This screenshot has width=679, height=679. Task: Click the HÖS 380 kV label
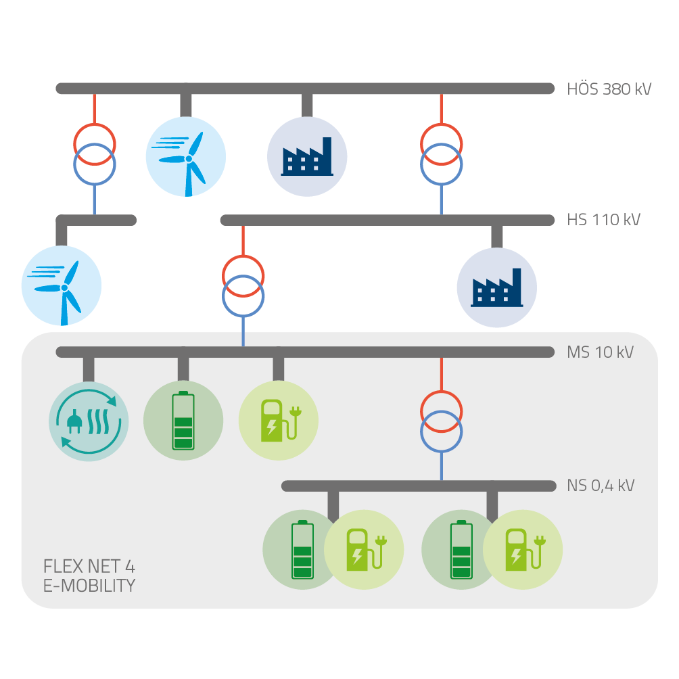point(609,89)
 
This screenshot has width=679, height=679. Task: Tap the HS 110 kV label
point(603,220)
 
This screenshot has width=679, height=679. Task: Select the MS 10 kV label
point(600,352)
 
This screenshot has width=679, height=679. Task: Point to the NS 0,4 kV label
point(601,486)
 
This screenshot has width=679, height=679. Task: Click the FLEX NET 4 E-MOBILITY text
point(89,576)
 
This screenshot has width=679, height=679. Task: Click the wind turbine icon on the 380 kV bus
point(186,157)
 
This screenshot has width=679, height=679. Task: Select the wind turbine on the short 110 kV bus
point(62,286)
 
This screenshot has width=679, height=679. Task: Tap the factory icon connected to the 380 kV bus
point(308,157)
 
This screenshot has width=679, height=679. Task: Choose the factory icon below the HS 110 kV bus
point(497,287)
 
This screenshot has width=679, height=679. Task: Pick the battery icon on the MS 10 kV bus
point(183,421)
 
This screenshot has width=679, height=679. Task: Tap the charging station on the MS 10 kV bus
point(279,420)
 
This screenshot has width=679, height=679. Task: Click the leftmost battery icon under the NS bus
point(301,549)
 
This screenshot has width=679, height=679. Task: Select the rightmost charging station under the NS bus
point(523,548)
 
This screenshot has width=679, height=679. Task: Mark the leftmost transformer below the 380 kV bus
point(94,154)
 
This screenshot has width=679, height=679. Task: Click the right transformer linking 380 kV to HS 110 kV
point(442,154)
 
